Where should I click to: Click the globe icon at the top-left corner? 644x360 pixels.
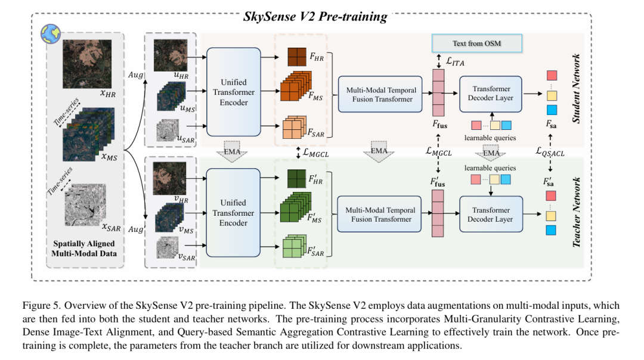[x=51, y=33]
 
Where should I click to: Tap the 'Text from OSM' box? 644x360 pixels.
[x=477, y=43]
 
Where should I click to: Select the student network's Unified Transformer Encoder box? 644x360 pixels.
[x=234, y=92]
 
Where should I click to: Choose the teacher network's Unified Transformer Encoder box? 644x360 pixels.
[x=233, y=213]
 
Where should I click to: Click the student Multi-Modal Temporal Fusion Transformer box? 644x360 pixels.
[x=380, y=94]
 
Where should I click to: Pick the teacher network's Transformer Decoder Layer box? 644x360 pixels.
[x=491, y=215]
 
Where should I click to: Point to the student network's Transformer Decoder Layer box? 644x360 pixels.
[x=491, y=94]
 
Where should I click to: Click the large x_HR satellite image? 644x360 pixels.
[x=87, y=64]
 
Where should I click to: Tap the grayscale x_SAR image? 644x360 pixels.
[x=85, y=204]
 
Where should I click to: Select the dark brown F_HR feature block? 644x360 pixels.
[x=297, y=57]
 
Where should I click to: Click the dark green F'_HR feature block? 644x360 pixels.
[x=296, y=179]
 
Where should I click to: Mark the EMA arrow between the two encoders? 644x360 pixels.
[x=232, y=151]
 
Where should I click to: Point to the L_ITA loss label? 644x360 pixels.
[x=455, y=61]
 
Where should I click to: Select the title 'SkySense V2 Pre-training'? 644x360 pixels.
[x=315, y=17]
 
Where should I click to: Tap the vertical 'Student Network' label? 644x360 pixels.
[x=576, y=88]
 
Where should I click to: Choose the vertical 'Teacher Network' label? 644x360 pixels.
[x=576, y=212]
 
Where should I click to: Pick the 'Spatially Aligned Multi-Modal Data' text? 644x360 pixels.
[x=84, y=249]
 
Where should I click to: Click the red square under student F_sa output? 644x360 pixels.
[x=552, y=76]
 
